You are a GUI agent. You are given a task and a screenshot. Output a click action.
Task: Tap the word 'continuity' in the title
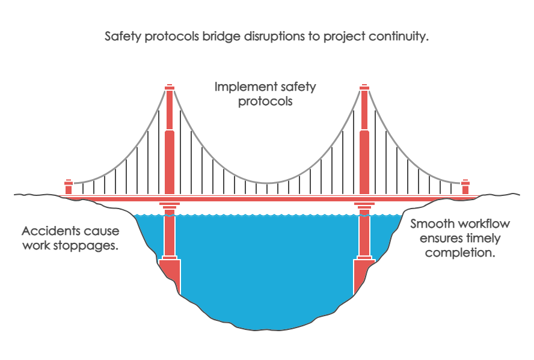[x=397, y=36]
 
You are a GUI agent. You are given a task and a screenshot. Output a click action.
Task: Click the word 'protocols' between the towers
[x=265, y=102]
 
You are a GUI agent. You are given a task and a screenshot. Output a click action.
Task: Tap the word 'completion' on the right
[x=461, y=252]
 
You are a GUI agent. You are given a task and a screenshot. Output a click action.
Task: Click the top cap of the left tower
[x=170, y=87]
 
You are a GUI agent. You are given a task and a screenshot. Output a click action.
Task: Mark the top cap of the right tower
[x=364, y=87]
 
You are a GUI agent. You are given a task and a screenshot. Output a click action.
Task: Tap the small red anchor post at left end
[x=69, y=186]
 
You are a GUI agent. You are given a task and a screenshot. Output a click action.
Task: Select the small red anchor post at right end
[x=465, y=186]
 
